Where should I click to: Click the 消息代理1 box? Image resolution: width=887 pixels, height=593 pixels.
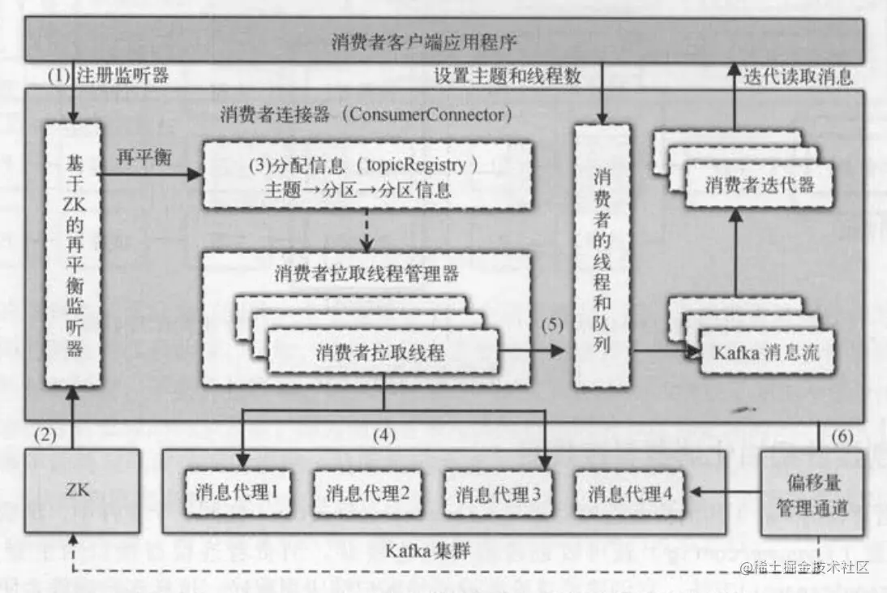tap(238, 492)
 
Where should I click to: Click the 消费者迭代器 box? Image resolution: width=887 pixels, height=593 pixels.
tap(759, 185)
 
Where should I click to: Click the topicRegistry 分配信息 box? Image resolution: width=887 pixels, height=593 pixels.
tap(367, 176)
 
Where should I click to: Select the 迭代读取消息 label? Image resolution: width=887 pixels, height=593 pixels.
tap(798, 77)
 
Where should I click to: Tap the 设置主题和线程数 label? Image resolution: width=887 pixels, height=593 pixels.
tap(508, 77)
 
